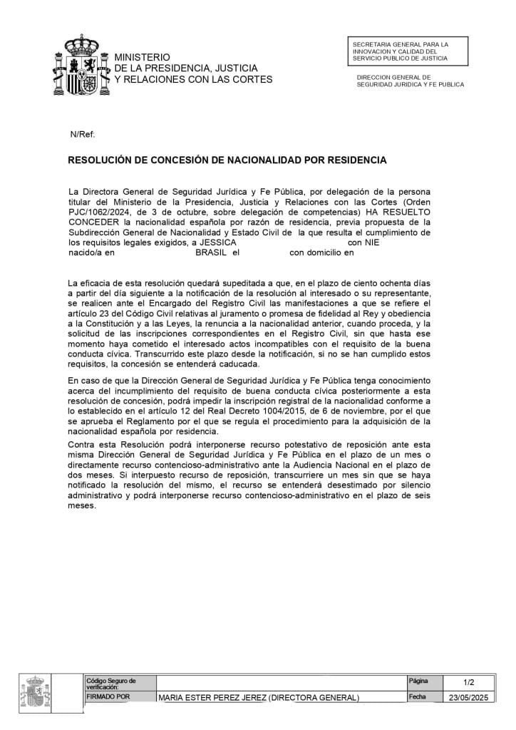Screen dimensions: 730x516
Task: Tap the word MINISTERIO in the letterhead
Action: tap(143, 56)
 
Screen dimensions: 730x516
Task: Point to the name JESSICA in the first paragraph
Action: tap(218, 242)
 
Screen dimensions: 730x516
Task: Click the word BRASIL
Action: tap(210, 252)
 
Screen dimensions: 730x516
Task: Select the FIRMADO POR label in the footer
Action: tap(108, 696)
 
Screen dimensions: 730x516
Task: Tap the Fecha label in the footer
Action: tap(418, 696)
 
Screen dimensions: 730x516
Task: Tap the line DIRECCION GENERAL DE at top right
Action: tap(393, 77)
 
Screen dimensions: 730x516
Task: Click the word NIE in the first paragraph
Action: tap(373, 242)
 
